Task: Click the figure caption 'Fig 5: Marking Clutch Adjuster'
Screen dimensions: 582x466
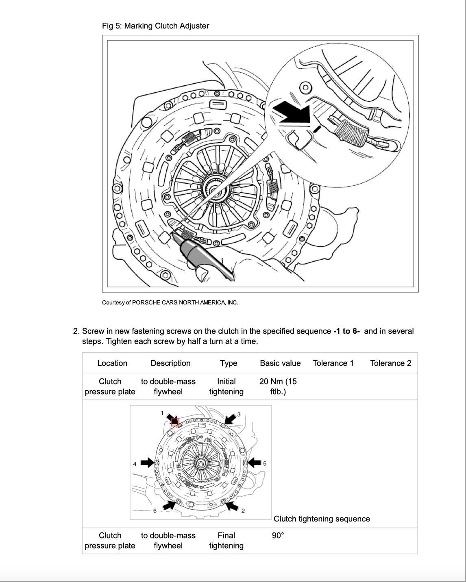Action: pyautogui.click(x=155, y=26)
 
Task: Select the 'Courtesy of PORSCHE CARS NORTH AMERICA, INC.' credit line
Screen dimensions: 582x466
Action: pyautogui.click(x=170, y=302)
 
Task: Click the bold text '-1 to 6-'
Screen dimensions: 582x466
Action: pyautogui.click(x=346, y=331)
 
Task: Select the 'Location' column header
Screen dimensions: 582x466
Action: pyautogui.click(x=112, y=363)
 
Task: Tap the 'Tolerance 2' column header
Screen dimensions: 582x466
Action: pyautogui.click(x=390, y=363)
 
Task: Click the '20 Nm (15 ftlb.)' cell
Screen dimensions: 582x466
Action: pyautogui.click(x=278, y=387)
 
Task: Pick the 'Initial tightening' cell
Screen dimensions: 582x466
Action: pyautogui.click(x=226, y=387)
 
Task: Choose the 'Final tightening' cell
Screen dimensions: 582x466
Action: pyautogui.click(x=226, y=541)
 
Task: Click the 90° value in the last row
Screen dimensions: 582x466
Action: pyautogui.click(x=278, y=536)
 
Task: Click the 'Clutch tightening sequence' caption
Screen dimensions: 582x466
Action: pyautogui.click(x=322, y=519)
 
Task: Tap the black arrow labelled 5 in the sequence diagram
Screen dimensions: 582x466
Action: pyautogui.click(x=254, y=462)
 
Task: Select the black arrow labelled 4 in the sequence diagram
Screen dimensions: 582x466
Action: pyautogui.click(x=147, y=462)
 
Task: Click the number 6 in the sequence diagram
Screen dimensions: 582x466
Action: pyautogui.click(x=155, y=511)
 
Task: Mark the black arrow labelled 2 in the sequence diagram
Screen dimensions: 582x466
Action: pyautogui.click(x=232, y=506)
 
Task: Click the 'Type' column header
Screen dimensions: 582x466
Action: pyautogui.click(x=229, y=363)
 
